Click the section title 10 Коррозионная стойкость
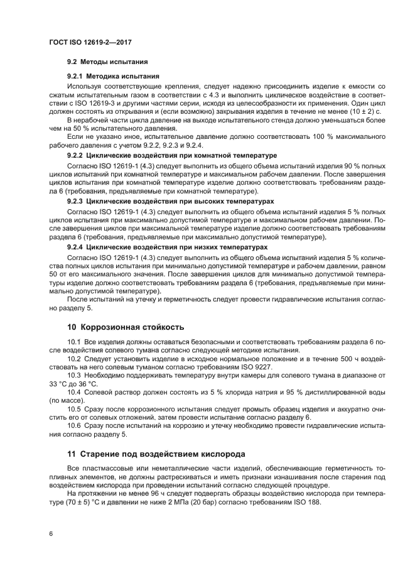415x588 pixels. tap(125, 327)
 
